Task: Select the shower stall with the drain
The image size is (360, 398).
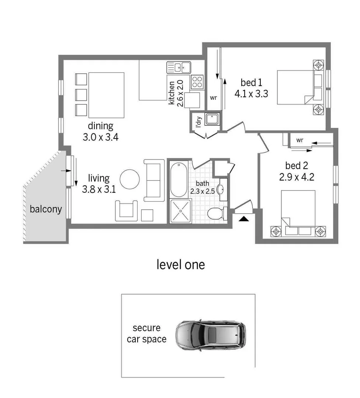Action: click(180, 211)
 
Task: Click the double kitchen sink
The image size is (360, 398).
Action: click(179, 67)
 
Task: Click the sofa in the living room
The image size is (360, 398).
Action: click(154, 180)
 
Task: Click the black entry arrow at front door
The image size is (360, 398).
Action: click(244, 219)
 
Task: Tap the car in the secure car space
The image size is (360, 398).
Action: click(210, 335)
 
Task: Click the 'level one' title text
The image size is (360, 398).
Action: click(180, 264)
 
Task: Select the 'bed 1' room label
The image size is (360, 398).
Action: click(251, 82)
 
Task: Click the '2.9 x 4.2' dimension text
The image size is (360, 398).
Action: click(297, 177)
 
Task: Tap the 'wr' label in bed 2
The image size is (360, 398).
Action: click(300, 140)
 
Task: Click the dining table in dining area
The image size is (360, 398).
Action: click(106, 90)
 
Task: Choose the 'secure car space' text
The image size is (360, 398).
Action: click(146, 334)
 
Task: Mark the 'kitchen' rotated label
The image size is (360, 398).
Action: click(172, 92)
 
